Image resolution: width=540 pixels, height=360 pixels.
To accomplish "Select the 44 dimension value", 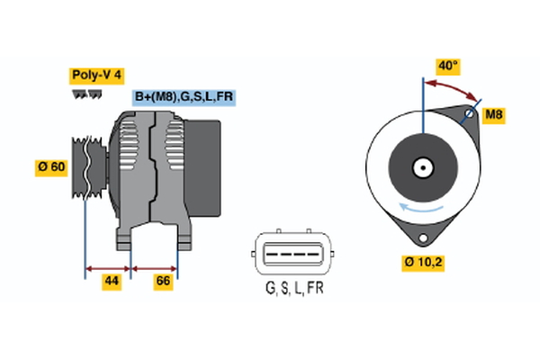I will click(111, 282).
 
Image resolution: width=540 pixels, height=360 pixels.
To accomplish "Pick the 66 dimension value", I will click(163, 282).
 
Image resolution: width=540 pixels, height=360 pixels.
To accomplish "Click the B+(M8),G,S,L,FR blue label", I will click(184, 97).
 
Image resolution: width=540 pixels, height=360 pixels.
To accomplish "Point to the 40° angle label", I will click(447, 65).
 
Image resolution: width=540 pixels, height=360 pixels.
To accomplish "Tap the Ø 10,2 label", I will click(423, 263).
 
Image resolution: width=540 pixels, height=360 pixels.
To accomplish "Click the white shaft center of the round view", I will click(421, 167).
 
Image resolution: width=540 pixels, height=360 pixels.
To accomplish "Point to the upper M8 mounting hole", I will click(468, 115).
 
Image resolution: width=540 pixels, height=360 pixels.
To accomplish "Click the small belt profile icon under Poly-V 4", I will click(86, 94).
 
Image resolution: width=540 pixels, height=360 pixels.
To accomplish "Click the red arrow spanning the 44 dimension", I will click(108, 268).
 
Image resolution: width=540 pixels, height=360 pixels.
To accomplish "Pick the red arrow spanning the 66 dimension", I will click(155, 268).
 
